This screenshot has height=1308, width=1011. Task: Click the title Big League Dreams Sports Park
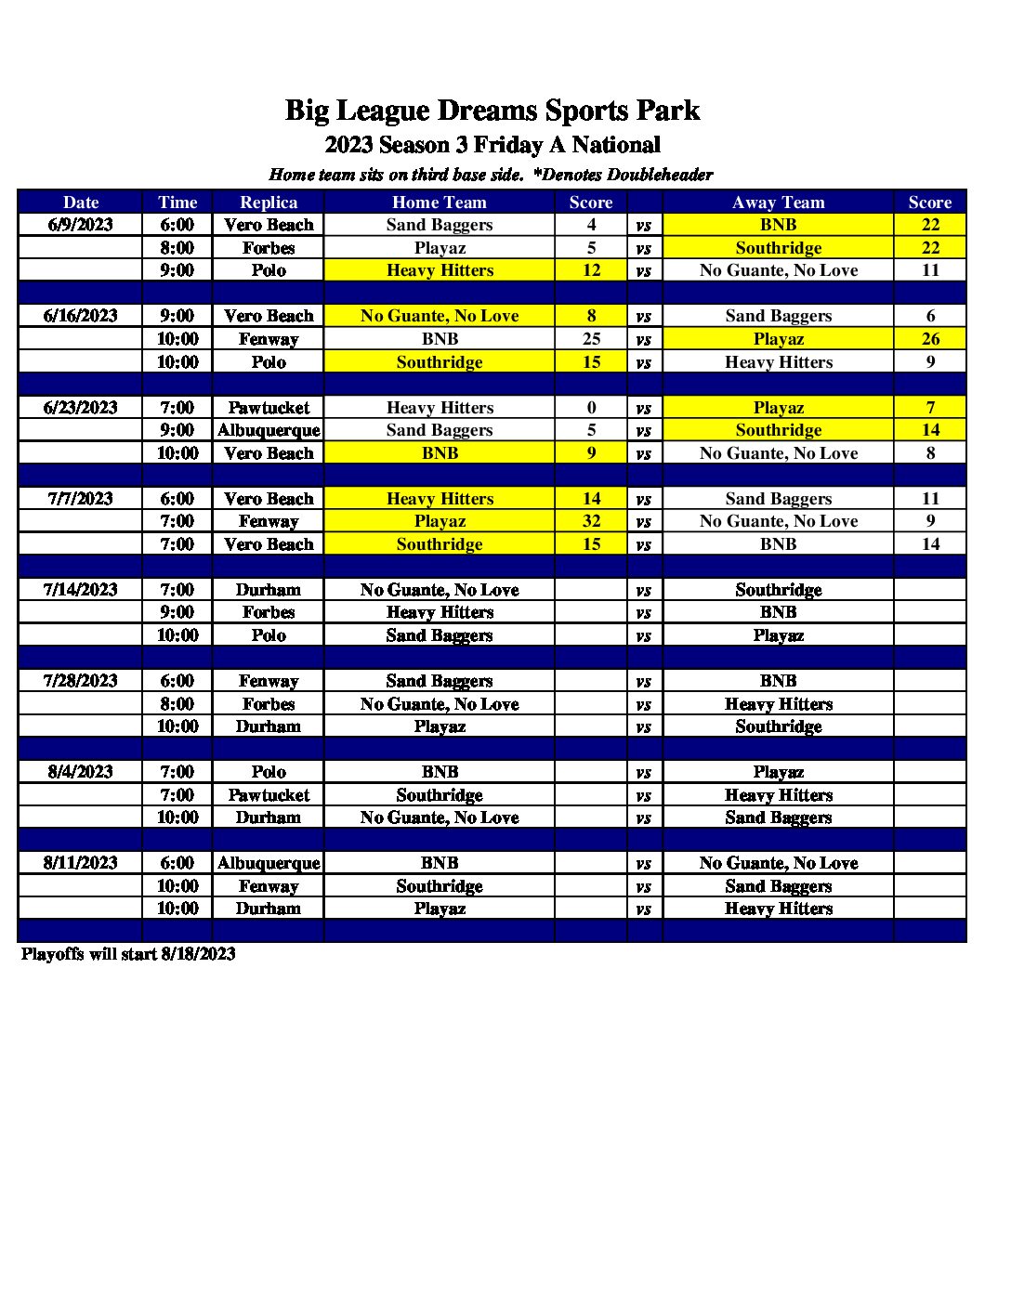pos(492,111)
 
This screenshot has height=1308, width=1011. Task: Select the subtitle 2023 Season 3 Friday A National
pos(492,145)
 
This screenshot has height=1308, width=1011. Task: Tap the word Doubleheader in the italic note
pos(660,175)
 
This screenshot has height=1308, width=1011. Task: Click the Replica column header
pos(269,203)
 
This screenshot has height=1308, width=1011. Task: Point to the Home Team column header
pos(439,203)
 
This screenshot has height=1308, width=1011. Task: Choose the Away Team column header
pos(778,203)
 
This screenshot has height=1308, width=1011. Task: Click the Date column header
pos(81,203)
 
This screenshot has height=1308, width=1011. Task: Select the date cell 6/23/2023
pos(81,408)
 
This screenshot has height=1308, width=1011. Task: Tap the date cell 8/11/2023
pos(81,863)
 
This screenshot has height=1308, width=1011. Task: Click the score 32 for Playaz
pos(591,521)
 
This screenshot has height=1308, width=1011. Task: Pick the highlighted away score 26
pos(930,339)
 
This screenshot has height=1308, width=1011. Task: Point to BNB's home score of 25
pos(591,339)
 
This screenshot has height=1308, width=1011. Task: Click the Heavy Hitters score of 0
pos(591,408)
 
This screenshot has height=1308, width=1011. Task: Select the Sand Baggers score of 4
pos(591,225)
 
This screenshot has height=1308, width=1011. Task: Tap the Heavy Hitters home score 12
pos(591,270)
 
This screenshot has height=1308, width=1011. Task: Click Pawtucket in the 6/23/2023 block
pos(269,408)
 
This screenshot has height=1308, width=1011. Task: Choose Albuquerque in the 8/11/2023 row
pos(269,863)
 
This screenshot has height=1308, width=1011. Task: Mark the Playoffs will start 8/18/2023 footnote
pos(128,954)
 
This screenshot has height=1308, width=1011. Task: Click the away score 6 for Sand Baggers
pos(930,316)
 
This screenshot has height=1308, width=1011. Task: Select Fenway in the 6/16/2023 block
pos(269,339)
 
